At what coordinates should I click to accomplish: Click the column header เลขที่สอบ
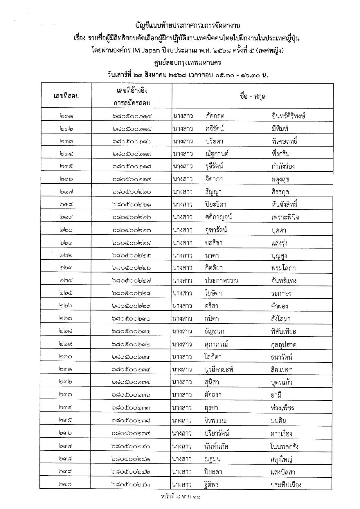point(66,96)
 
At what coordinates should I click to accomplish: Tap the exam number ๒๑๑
point(66,116)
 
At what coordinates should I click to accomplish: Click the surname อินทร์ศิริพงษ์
point(288,116)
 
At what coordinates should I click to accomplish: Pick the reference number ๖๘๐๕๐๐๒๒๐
point(132,192)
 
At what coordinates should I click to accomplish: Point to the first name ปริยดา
point(214,141)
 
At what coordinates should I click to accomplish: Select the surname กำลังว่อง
point(283,167)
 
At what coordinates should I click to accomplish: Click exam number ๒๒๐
point(66,230)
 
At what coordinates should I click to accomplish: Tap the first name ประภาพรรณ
point(222,281)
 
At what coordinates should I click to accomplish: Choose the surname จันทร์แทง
point(284,281)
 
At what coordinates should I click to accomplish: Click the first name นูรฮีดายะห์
point(219,369)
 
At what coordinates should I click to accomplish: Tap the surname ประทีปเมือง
point(286,484)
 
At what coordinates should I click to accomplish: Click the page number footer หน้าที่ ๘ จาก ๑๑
point(181,497)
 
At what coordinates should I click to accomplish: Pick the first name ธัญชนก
point(214,331)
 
